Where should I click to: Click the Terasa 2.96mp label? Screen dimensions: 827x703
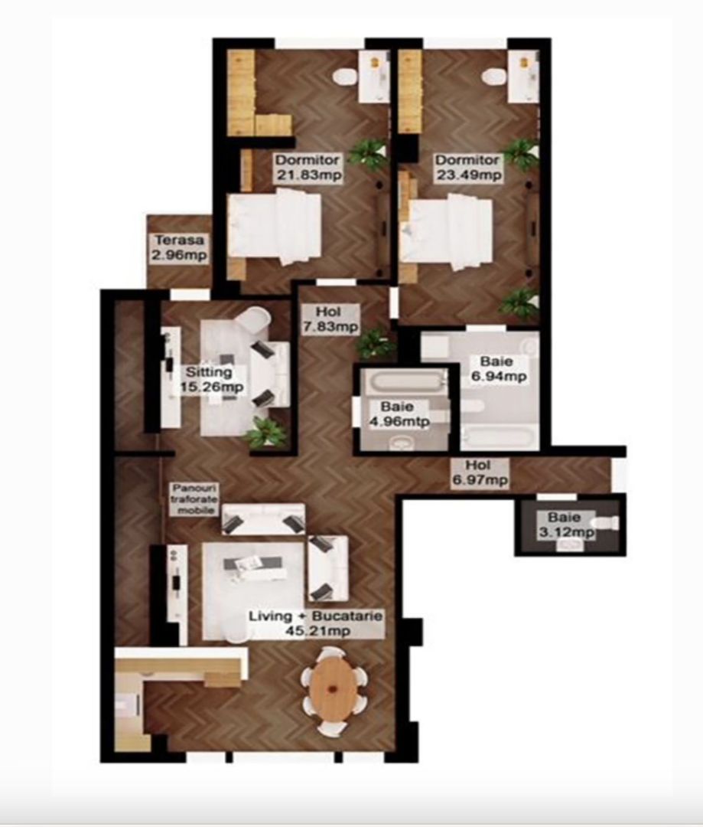(178, 247)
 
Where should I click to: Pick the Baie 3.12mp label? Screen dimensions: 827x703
(566, 525)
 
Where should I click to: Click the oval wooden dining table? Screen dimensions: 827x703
(334, 686)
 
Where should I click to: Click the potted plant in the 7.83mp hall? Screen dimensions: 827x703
(375, 342)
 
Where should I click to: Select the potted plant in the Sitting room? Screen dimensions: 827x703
(265, 433)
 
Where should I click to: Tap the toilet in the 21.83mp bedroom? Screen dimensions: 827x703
(346, 77)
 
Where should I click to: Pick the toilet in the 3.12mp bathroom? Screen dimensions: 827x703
(607, 523)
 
